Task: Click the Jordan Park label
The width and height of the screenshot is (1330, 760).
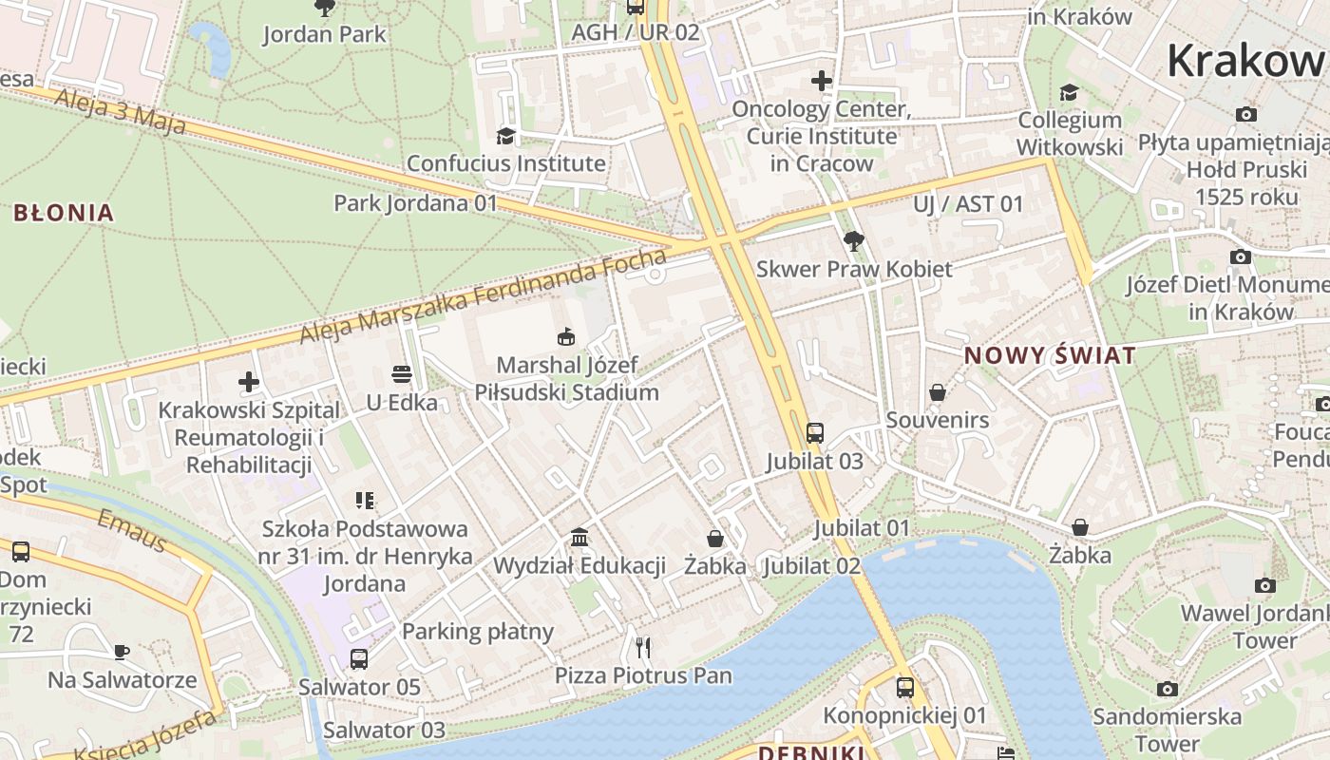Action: pos(324,34)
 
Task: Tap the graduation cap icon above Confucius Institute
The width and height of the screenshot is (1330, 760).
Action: pos(505,136)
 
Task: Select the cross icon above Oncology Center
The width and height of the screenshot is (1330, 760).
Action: pos(822,81)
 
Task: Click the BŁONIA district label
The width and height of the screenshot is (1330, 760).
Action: pos(64,213)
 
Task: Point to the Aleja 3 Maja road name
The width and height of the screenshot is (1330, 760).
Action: pos(120,110)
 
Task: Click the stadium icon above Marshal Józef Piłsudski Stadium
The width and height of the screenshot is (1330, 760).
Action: pos(566,336)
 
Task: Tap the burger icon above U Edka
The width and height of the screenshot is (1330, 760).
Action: pos(402,374)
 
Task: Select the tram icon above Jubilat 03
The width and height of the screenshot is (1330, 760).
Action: pos(814,433)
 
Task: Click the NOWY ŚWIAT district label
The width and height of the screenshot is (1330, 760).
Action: pos(1050,356)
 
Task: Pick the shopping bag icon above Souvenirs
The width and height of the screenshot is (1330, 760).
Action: pos(938,392)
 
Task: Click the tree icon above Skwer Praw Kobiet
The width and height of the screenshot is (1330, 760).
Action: pos(853,241)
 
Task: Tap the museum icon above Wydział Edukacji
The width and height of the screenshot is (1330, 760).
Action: pos(579,538)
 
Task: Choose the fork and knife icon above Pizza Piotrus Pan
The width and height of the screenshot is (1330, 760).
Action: pos(643,648)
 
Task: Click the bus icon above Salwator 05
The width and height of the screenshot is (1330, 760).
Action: pos(359,658)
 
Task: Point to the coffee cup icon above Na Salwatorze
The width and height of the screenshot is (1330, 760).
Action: pos(122,652)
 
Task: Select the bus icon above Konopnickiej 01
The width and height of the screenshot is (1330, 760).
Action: pos(905,688)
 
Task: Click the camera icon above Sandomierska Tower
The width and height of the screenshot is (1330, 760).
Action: pos(1168,689)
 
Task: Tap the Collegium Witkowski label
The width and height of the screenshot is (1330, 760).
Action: pos(1070,133)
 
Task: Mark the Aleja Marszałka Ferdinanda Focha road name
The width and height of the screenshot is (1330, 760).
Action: pos(484,297)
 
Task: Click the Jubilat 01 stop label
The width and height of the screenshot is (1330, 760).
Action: pos(862,528)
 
